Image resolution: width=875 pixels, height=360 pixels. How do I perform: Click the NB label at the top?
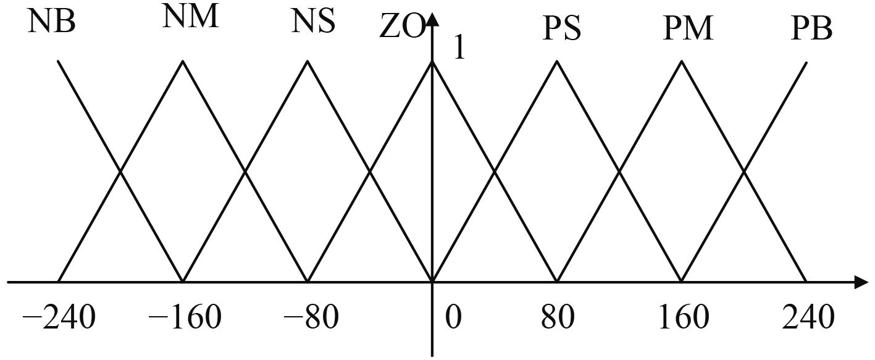[x=52, y=23]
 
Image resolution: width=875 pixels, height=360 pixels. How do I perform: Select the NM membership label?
[x=191, y=17]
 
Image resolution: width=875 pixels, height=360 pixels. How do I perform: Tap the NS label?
[x=314, y=22]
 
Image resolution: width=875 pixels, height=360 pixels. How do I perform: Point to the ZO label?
[x=402, y=28]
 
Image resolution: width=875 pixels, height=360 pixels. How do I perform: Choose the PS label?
[x=561, y=30]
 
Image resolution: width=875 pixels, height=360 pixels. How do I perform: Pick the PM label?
[x=688, y=29]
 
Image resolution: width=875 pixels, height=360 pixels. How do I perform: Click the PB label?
[x=812, y=29]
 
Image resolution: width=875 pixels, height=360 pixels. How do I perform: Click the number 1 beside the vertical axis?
[x=459, y=49]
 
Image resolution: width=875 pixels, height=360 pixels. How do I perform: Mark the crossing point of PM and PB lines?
[x=744, y=172]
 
